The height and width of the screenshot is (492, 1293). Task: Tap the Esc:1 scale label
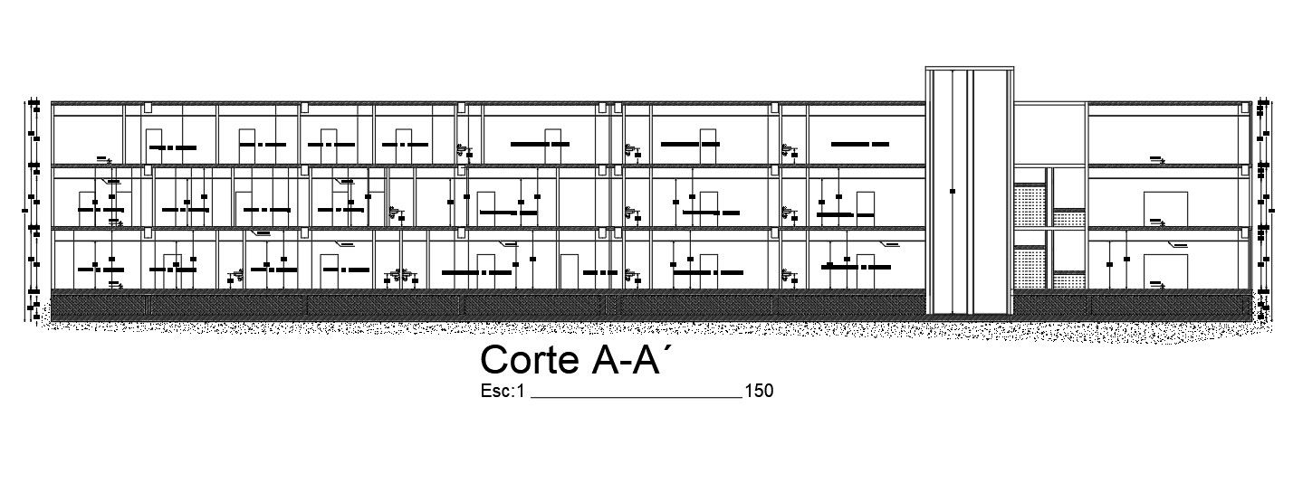pyautogui.click(x=504, y=392)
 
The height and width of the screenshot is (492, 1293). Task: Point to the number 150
pyautogui.click(x=758, y=392)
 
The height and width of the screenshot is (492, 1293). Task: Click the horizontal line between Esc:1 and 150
pyautogui.click(x=634, y=397)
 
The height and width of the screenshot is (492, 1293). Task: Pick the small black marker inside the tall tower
pyautogui.click(x=952, y=191)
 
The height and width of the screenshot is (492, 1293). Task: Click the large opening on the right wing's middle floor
pyautogui.click(x=1164, y=208)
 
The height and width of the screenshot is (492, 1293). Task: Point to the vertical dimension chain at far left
pyautogui.click(x=32, y=208)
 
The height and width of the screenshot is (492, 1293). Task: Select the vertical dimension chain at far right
pyautogui.click(x=1259, y=208)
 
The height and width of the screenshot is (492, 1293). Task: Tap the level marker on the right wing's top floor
pyautogui.click(x=1157, y=159)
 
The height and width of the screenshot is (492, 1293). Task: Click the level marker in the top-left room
pyautogui.click(x=104, y=160)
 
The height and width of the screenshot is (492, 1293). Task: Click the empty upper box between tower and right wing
pyautogui.click(x=1049, y=135)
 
